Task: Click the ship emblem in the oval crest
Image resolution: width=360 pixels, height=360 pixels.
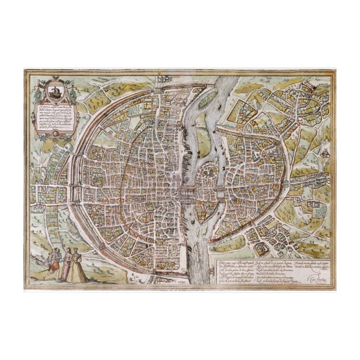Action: (x=54, y=89)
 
